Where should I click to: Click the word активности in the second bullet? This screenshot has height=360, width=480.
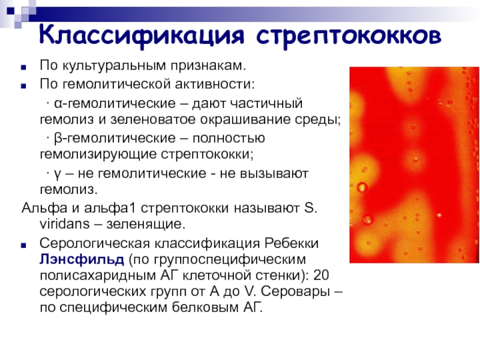(215, 84)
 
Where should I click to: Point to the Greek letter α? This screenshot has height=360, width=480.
(58, 104)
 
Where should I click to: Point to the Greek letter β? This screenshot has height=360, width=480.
(58, 139)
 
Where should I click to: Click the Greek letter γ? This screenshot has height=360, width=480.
(58, 175)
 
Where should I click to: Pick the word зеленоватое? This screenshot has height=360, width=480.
(153, 119)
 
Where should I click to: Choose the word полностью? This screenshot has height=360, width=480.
(229, 139)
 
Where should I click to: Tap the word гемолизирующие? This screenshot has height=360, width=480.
(98, 155)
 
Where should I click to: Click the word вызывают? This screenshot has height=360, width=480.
(274, 173)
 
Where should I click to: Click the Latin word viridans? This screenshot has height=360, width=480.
(65, 224)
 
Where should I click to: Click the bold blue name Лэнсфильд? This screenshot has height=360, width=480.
(82, 260)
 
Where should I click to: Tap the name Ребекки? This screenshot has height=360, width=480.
(292, 244)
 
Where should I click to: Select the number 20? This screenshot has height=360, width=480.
(321, 275)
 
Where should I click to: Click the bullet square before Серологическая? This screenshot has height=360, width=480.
(23, 245)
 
